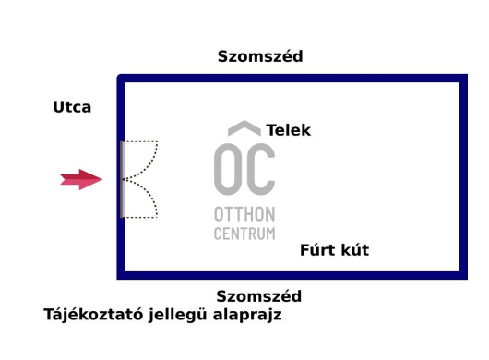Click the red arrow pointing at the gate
[82, 180]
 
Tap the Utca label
[72, 107]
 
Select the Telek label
[289, 130]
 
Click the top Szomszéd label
[260, 56]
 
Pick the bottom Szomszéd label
[259, 296]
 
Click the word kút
[354, 250]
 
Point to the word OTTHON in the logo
[244, 214]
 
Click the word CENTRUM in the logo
[244, 234]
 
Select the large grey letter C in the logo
[261, 169]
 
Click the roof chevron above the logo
[244, 128]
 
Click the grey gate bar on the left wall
[122, 179]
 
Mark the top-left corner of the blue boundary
[121, 79]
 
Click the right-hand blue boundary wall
[463, 175]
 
